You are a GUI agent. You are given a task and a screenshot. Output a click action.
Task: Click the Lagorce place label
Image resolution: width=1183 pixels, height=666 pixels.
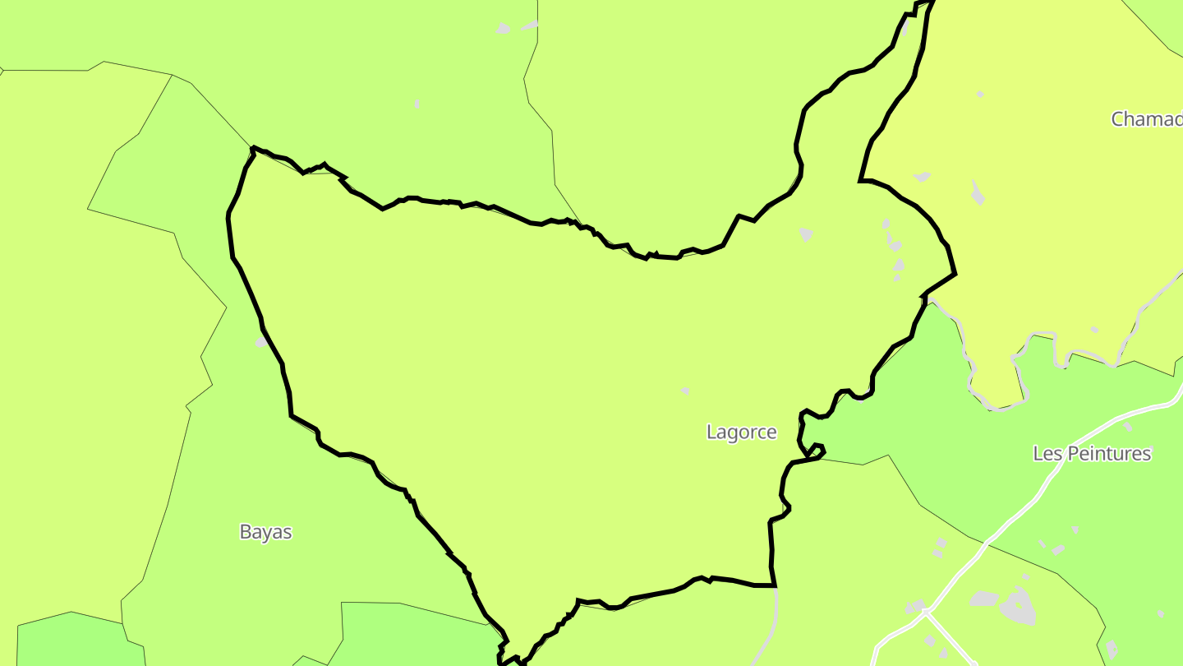(x=741, y=432)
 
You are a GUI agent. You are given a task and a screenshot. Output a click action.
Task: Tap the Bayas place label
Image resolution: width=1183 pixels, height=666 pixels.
(x=265, y=532)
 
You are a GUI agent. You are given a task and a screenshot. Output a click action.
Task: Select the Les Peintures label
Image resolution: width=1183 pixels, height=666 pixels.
(x=1092, y=454)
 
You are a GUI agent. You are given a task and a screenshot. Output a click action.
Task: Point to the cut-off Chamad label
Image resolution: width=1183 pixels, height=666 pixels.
(x=1147, y=119)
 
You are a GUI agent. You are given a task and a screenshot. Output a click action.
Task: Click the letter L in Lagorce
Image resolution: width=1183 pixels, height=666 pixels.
(x=711, y=432)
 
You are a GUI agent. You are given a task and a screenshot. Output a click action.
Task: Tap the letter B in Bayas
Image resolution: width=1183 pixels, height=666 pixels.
(x=245, y=532)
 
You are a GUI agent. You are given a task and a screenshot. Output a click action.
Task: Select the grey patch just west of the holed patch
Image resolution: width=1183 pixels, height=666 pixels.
(x=983, y=599)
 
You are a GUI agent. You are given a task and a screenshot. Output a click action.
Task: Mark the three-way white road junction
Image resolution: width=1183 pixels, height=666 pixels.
(x=925, y=613)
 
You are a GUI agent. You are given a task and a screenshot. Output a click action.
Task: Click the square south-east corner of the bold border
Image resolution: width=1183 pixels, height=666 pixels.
(x=775, y=585)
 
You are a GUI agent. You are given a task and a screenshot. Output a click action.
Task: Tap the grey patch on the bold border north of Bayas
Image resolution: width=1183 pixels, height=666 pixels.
(x=261, y=340)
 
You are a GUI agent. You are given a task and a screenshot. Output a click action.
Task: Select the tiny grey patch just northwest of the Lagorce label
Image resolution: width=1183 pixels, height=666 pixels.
(x=685, y=391)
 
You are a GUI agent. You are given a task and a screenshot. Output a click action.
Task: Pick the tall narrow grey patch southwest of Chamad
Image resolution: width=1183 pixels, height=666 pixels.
(x=977, y=192)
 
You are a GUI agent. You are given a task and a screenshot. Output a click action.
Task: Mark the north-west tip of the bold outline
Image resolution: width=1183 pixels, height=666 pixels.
(x=253, y=148)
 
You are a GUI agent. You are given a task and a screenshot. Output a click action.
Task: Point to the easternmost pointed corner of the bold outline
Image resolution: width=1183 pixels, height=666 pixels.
(x=955, y=274)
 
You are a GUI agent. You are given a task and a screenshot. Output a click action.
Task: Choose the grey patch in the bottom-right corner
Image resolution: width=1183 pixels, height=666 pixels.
(x=1112, y=650)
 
